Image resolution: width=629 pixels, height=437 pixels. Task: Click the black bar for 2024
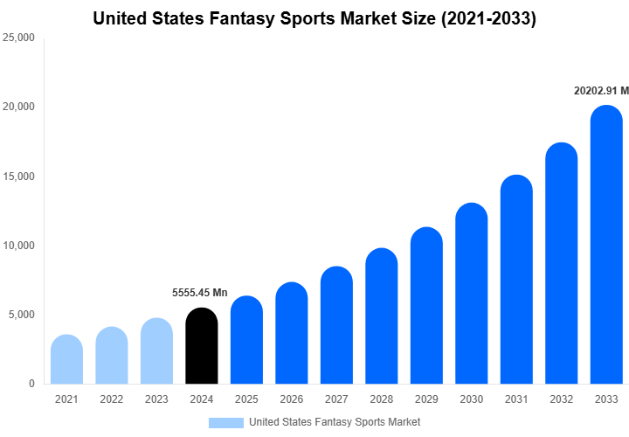(x=202, y=346)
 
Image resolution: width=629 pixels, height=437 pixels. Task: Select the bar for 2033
(x=606, y=245)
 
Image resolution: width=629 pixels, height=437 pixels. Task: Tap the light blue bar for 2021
(x=67, y=359)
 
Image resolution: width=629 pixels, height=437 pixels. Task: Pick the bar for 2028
(x=382, y=316)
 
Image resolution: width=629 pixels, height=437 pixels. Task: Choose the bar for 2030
(x=472, y=294)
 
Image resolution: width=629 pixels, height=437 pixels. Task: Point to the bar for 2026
(x=292, y=333)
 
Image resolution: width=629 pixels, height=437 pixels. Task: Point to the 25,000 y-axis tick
(x=19, y=38)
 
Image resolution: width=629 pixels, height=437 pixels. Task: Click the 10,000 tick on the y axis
(x=19, y=246)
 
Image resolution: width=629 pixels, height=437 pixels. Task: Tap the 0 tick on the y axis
(x=31, y=384)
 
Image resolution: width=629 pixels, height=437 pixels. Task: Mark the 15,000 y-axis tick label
(x=19, y=177)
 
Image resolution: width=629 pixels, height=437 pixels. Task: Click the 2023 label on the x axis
(x=156, y=399)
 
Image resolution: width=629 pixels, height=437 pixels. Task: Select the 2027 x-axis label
(x=336, y=399)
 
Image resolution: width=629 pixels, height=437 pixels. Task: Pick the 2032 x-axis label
(x=561, y=399)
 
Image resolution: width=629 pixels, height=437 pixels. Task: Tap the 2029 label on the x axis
(x=426, y=399)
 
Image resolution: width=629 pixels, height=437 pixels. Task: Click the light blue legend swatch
(x=225, y=422)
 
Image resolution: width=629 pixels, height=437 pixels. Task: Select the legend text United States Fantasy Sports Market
(x=335, y=422)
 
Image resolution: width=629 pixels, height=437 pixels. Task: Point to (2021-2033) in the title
(x=487, y=17)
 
